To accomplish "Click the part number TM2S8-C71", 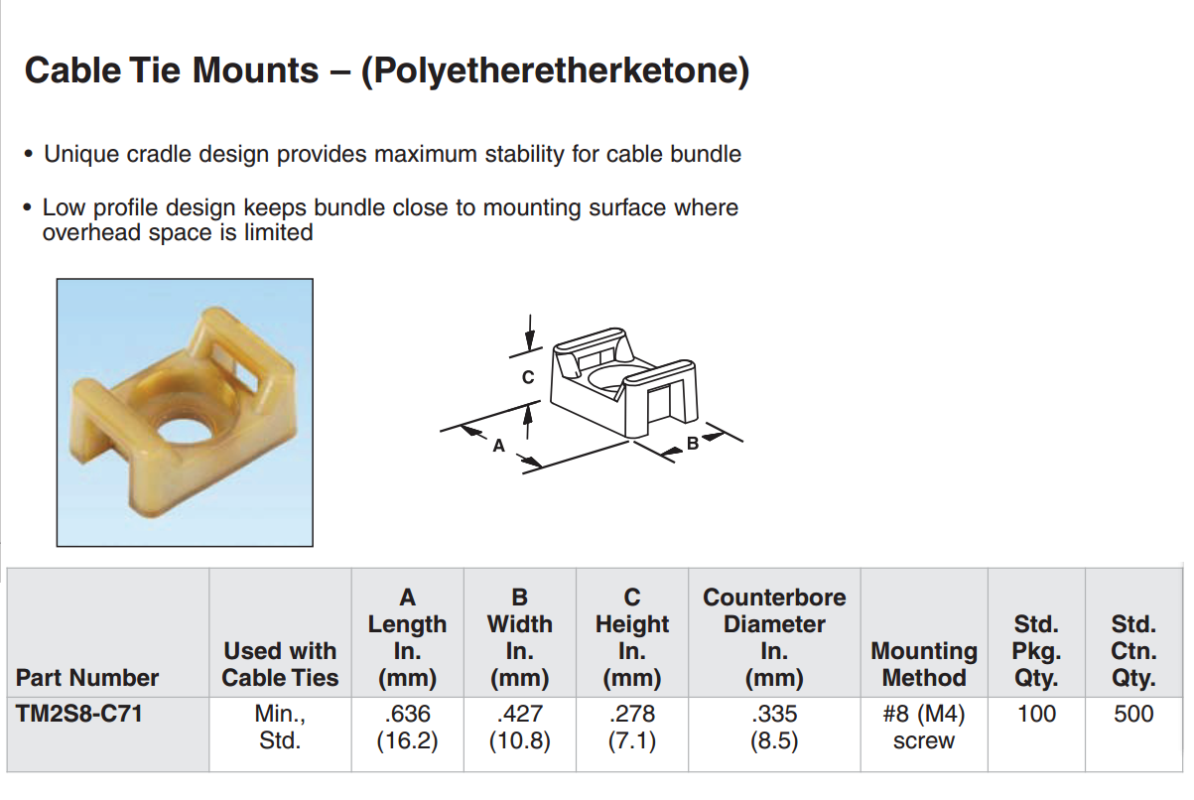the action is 78,714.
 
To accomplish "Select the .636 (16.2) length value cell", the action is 407,727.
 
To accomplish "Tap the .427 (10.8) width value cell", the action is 520,727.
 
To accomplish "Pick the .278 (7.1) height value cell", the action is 632,727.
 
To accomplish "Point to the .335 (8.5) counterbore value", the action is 774,727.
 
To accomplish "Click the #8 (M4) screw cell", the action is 924,727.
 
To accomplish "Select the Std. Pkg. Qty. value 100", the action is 1036,714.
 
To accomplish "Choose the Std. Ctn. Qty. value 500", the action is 1133,714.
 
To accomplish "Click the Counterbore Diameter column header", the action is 774,637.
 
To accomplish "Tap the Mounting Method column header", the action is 924,664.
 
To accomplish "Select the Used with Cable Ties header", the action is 280,664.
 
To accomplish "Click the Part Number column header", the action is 87,678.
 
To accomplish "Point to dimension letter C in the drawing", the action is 528,377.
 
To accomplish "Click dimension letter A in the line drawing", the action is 498,445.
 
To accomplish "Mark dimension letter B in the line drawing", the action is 693,443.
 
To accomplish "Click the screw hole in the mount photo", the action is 186,431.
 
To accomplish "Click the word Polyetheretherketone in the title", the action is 555,70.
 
